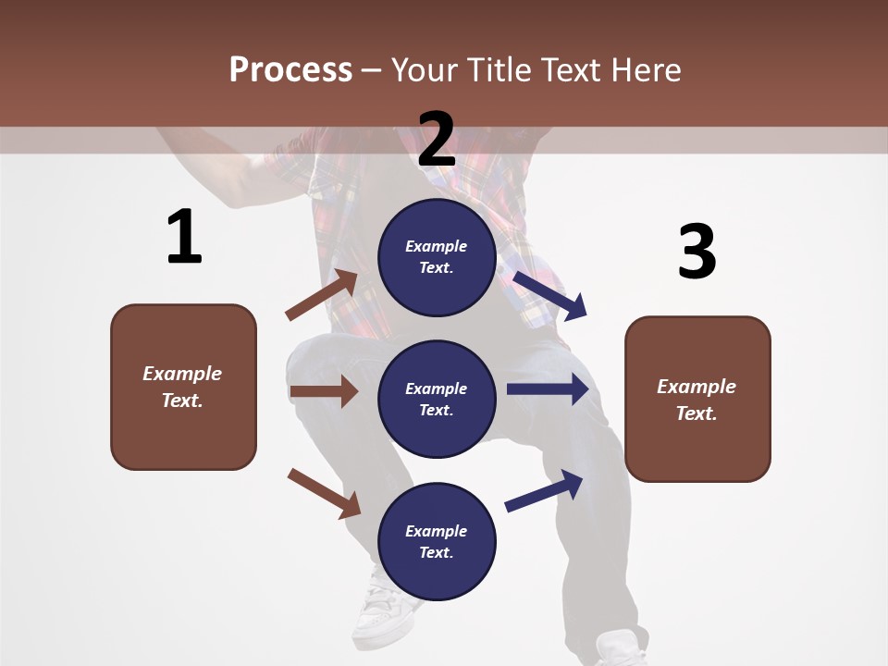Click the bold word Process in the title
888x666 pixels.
click(x=290, y=69)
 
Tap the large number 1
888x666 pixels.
click(x=184, y=238)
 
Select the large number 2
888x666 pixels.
click(x=437, y=140)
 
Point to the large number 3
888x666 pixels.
click(x=697, y=253)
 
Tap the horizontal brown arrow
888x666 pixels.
click(x=324, y=392)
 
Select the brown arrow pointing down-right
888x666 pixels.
click(x=324, y=493)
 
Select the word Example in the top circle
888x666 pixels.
click(x=437, y=246)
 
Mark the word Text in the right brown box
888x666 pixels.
click(x=695, y=413)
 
